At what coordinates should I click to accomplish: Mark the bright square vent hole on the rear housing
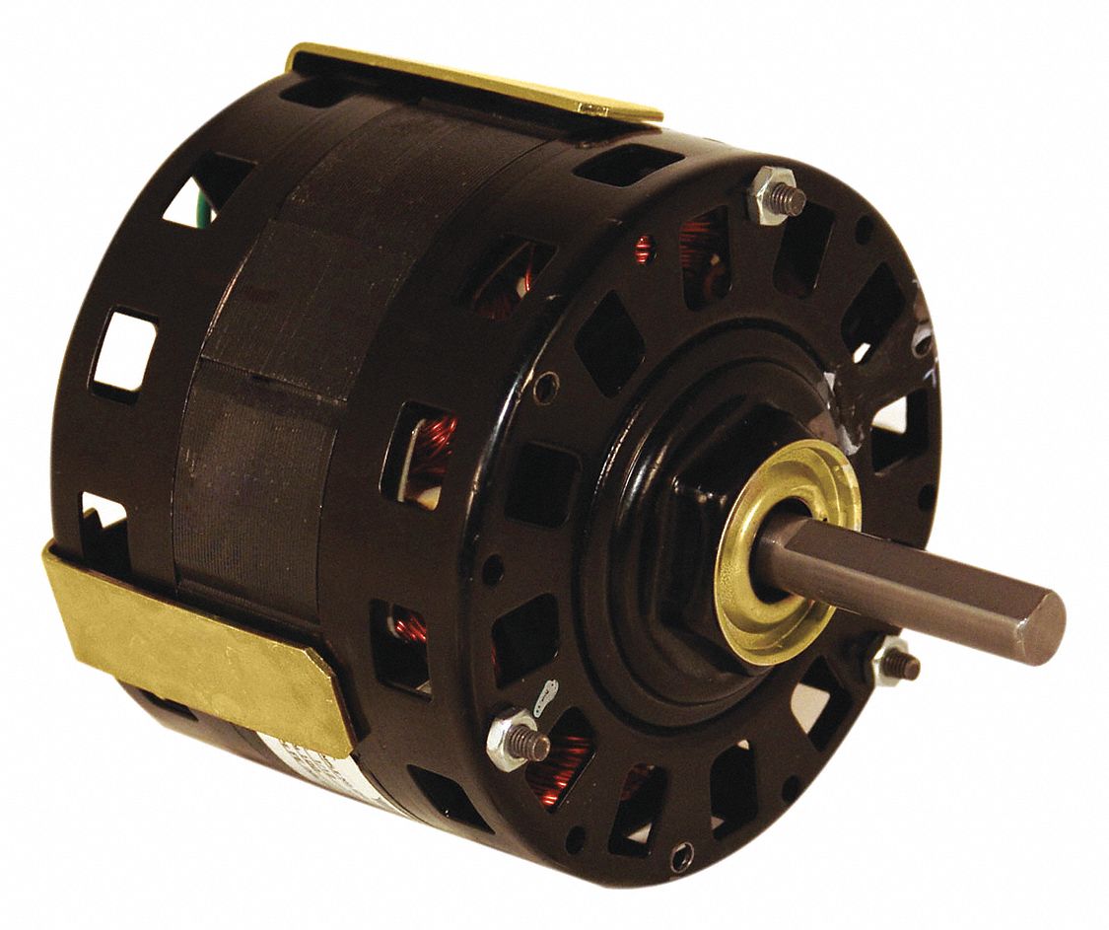123,351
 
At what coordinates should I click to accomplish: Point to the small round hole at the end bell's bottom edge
680,858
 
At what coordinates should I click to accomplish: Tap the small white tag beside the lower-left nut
541,701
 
